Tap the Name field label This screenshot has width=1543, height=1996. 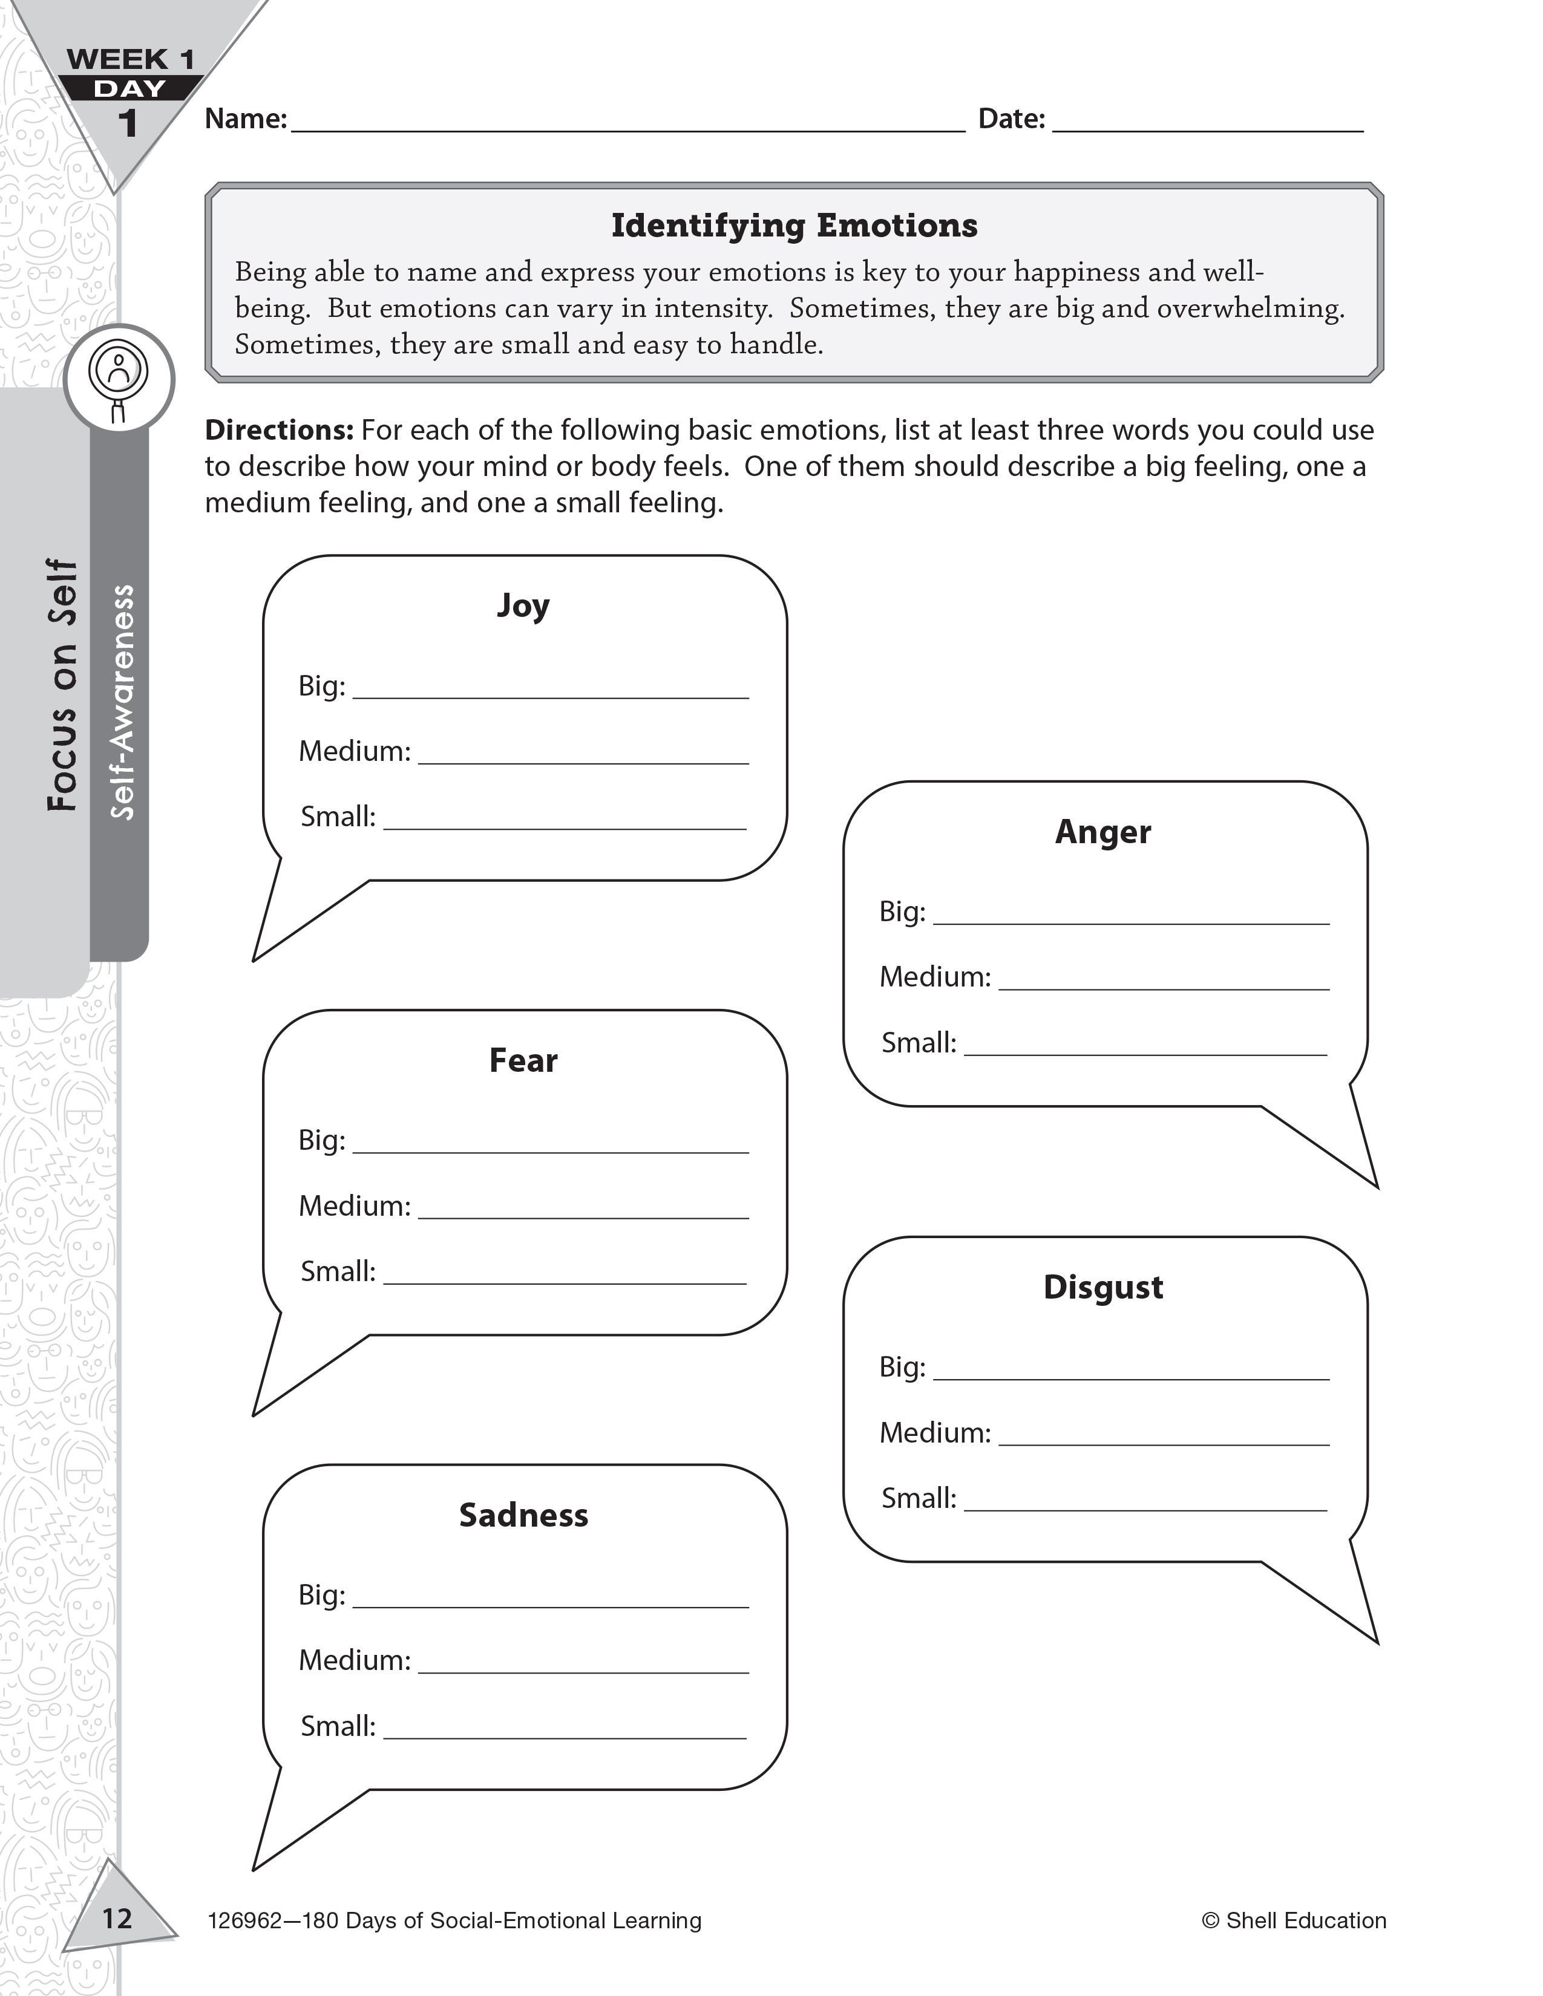coord(245,119)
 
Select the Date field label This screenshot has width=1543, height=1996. coord(1011,119)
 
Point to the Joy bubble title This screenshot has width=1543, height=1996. coord(523,606)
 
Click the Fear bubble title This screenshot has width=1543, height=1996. coord(523,1060)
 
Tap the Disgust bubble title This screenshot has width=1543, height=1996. coord(1102,1287)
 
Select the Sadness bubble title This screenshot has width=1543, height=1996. coord(523,1515)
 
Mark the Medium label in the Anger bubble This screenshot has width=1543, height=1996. coord(934,977)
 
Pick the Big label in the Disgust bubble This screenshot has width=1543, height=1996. coord(902,1366)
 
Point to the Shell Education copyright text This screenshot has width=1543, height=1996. coord(1294,1920)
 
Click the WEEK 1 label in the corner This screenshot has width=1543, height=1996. coord(131,60)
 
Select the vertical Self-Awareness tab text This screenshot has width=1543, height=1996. coord(122,702)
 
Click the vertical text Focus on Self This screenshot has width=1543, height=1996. coord(62,685)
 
